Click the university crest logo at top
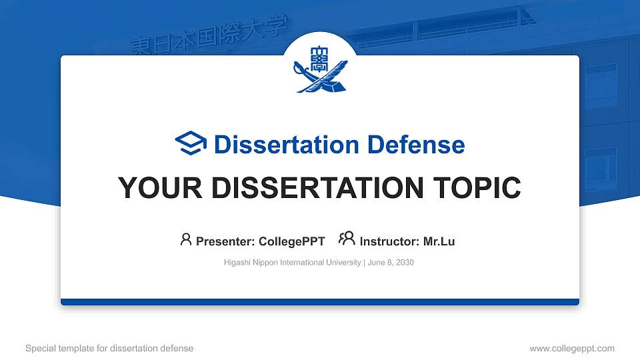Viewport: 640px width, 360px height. click(x=320, y=68)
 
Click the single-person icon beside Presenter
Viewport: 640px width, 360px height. click(x=186, y=239)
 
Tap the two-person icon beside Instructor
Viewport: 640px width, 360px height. click(x=347, y=239)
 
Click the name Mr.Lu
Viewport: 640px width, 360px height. click(x=439, y=241)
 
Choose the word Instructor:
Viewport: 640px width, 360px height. click(x=389, y=241)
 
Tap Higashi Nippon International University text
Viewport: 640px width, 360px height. click(x=293, y=263)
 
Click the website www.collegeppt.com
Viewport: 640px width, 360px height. click(x=572, y=348)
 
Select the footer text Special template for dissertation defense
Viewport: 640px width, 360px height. click(x=109, y=348)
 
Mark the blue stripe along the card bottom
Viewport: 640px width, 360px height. click(x=320, y=302)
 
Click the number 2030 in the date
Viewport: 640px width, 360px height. click(x=404, y=263)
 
